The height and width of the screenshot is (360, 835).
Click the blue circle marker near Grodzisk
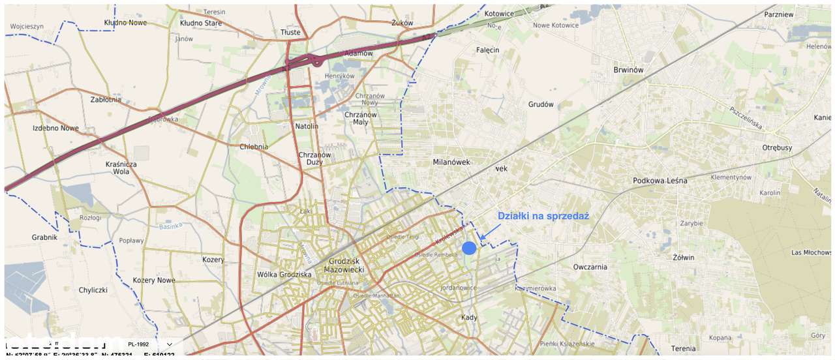(469, 248)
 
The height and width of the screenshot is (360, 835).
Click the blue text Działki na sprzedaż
(543, 217)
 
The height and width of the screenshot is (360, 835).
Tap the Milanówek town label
(451, 162)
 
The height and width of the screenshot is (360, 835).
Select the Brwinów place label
(628, 70)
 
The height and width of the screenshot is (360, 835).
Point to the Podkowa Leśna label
(660, 181)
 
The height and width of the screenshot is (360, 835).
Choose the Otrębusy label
(777, 147)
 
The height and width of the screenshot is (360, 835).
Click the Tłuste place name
(290, 32)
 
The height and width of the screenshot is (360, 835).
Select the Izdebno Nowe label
(55, 128)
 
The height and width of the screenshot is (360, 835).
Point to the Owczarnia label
(590, 267)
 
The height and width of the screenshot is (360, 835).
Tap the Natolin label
(307, 126)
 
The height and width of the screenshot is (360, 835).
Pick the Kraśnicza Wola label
(121, 168)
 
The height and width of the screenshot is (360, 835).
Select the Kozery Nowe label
(154, 280)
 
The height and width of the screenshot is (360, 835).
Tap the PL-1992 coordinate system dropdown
(150, 344)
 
